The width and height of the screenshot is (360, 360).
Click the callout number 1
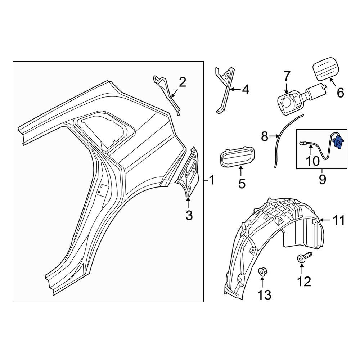tap(212, 180)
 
